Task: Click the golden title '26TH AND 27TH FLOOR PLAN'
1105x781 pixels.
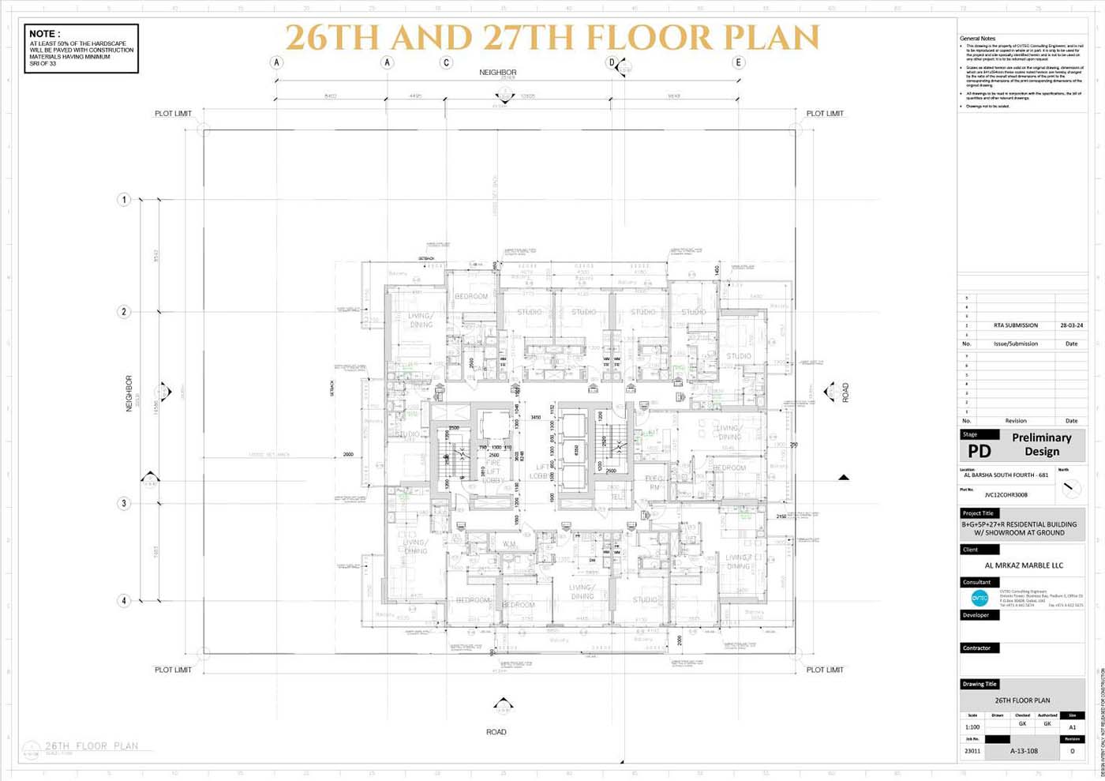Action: (552, 38)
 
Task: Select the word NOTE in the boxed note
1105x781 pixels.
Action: (43, 34)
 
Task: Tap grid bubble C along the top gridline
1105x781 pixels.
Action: (447, 62)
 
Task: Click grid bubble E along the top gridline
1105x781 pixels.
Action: (739, 62)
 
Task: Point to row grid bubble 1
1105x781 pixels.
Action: (124, 200)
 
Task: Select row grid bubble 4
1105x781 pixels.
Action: (124, 601)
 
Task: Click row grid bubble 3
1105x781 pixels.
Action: (124, 503)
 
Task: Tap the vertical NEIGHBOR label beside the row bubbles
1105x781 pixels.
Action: (129, 393)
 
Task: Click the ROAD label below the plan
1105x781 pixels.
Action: (496, 732)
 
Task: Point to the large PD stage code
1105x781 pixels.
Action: (979, 451)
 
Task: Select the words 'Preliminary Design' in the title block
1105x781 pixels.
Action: (1041, 445)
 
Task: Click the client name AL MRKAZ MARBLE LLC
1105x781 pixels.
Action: (1024, 565)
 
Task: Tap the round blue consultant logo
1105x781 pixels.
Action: (980, 599)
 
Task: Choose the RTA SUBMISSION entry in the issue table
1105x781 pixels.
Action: (1016, 325)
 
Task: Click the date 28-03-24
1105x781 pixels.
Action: (1071, 325)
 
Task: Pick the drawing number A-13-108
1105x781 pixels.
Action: (1024, 751)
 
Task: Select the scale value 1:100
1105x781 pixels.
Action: (972, 727)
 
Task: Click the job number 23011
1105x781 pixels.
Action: (972, 751)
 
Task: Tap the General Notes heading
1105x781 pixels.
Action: (977, 39)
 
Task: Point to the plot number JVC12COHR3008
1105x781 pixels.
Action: (1006, 495)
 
